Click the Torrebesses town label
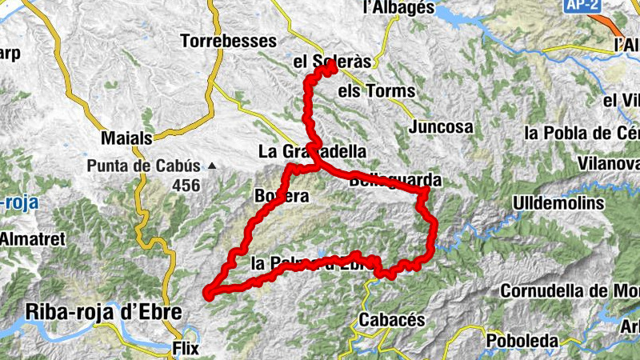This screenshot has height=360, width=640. pos(228,41)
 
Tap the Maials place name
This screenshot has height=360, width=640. pos(126,138)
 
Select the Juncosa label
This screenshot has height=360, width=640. pos(440,127)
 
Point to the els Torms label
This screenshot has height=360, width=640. pos(377,91)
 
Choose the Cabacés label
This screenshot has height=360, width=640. pos(391,320)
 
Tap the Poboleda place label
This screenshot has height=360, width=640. pos(522,342)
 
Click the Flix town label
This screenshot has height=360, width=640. pos(185,349)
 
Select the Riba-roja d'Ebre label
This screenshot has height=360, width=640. pos(104,311)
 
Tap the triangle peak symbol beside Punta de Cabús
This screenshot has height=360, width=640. pos(212,166)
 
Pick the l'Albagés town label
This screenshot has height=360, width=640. pos(398,8)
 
